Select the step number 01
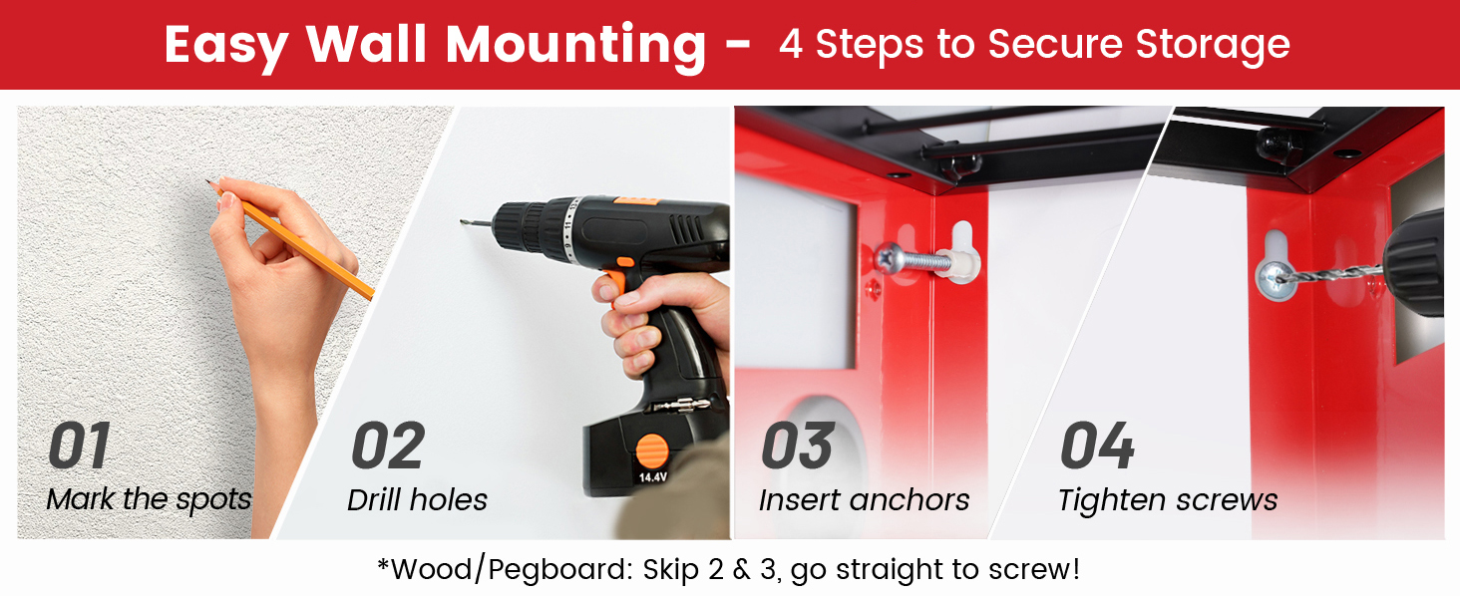point(80,447)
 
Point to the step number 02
point(388,447)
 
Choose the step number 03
point(798,447)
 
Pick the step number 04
point(1097,447)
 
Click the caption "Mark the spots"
point(150,498)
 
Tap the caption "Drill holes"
point(417,498)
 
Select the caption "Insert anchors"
point(864,499)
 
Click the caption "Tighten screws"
point(1168,499)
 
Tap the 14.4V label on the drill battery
point(653,476)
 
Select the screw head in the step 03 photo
point(888,258)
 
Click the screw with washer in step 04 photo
point(1274,278)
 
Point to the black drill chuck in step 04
point(1416,264)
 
